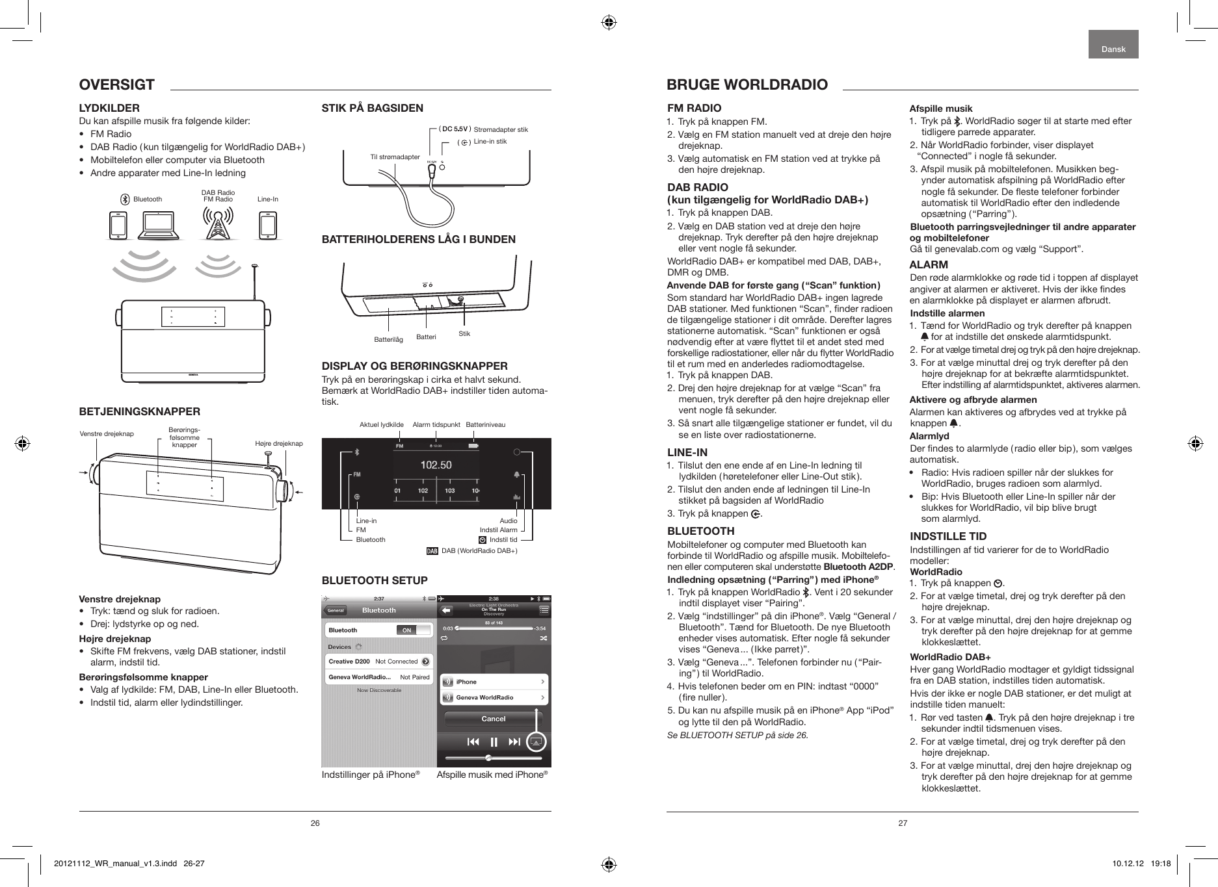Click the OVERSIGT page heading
(x=116, y=84)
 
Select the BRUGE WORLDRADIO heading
(x=747, y=84)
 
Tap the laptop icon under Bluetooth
(x=159, y=225)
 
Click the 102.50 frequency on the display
(x=436, y=465)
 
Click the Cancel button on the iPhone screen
(x=493, y=719)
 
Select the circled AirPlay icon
(x=535, y=742)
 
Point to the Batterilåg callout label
(x=388, y=340)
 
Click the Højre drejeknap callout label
(x=279, y=443)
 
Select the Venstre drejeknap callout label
(x=107, y=433)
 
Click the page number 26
(x=315, y=823)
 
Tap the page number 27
(x=903, y=823)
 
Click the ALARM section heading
(x=929, y=264)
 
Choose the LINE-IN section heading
(x=687, y=452)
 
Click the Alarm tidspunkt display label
(x=436, y=424)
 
